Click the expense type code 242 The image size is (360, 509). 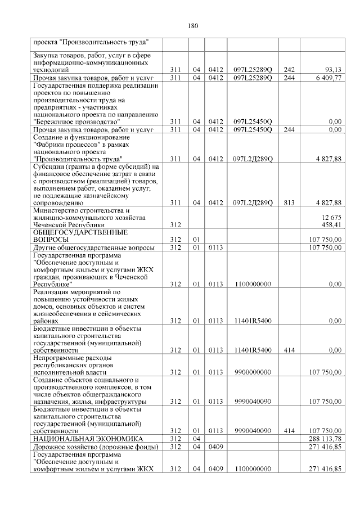click(290, 70)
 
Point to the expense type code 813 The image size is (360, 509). click(290, 202)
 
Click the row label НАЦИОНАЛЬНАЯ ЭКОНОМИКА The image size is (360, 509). click(87, 438)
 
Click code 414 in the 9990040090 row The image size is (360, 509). click(290, 431)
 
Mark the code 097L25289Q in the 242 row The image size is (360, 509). click(253, 70)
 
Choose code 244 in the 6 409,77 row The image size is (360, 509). click(290, 78)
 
